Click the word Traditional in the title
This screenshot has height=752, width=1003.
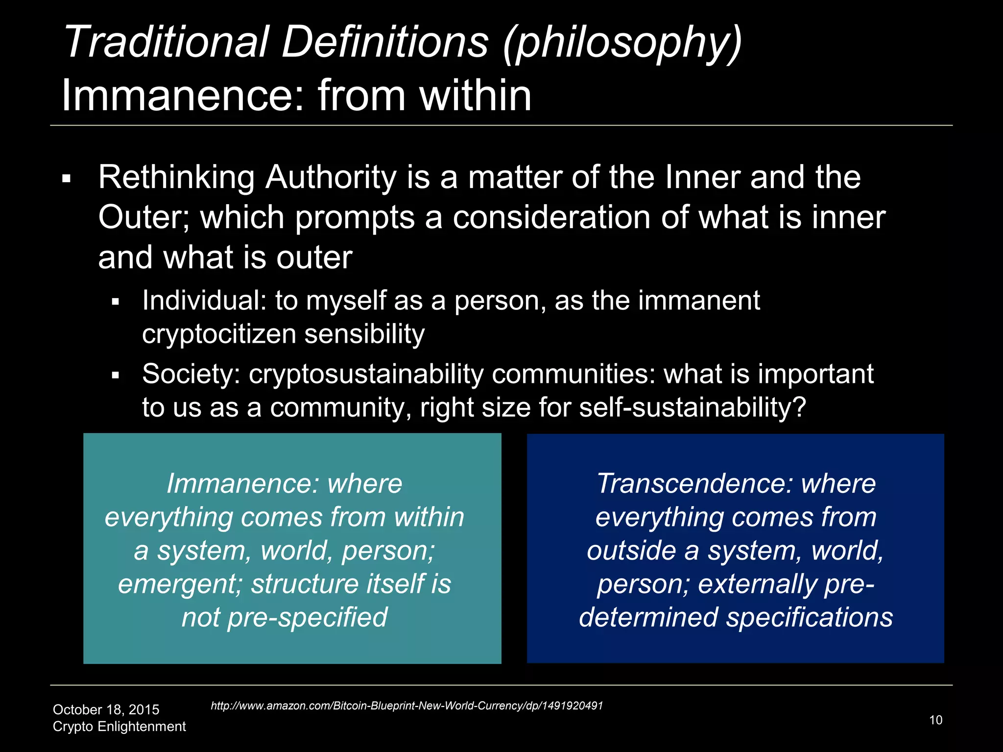coord(166,42)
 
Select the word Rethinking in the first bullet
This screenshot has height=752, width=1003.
coord(176,177)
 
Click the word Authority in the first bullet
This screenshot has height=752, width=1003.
coord(331,177)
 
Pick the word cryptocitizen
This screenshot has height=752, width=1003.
coord(219,335)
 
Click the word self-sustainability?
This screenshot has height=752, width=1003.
coord(693,408)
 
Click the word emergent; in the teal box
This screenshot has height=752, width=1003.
coord(180,585)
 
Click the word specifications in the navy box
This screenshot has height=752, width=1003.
coord(809,618)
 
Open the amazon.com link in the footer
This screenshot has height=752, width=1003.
coord(406,706)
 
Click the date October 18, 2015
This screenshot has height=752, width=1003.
coord(106,710)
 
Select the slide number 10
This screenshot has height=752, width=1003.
coord(935,720)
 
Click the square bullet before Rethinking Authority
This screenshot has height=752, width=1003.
coord(67,179)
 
